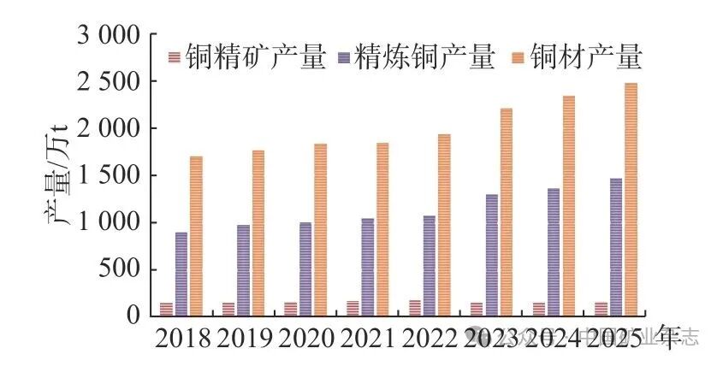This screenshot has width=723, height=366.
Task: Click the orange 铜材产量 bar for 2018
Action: point(196,236)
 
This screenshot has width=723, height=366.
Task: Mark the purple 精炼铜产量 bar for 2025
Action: point(615,247)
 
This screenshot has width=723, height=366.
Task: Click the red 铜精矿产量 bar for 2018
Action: point(166,309)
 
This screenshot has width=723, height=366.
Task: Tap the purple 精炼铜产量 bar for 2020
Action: point(305,269)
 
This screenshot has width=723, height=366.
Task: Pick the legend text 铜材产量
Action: point(586,57)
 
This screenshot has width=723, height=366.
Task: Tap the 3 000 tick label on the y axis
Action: point(110,35)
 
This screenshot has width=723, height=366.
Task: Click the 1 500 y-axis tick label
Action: point(110,176)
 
